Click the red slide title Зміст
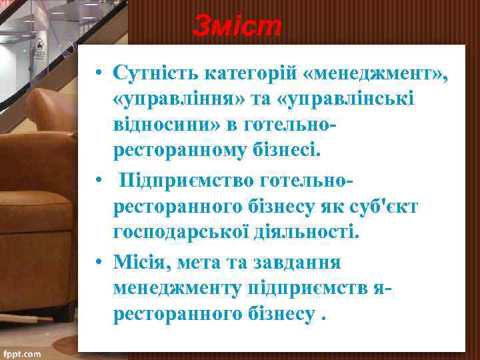[238, 27]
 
